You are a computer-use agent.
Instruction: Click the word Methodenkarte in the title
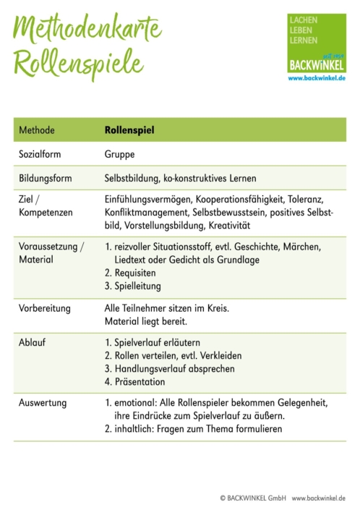87,30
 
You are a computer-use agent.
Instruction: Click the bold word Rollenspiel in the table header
129,130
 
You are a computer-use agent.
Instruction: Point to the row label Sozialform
41,154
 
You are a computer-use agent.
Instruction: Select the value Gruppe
120,154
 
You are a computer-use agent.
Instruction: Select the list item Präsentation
140,381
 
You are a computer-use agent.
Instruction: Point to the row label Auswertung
43,404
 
